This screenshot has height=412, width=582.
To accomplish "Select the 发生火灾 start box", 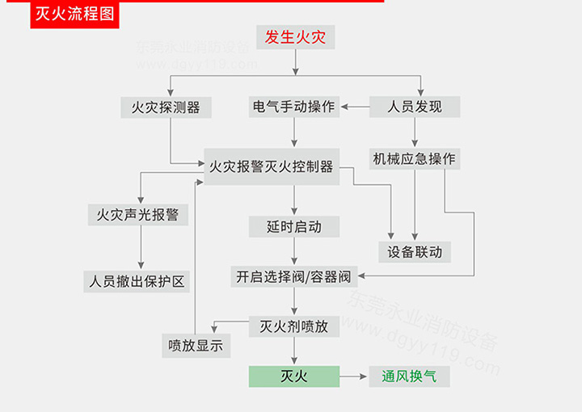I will tap(294, 37).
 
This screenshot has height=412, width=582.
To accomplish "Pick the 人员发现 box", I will tap(415, 107).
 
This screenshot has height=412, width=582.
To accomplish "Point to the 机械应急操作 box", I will tap(415, 158).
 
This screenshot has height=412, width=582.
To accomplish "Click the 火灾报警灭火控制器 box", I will tap(271, 166).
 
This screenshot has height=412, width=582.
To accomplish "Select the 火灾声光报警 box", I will tap(137, 215).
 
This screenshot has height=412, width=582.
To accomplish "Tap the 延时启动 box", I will tap(294, 227).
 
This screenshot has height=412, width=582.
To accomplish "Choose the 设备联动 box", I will tap(415, 251).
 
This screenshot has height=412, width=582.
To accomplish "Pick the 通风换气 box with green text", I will tap(409, 376).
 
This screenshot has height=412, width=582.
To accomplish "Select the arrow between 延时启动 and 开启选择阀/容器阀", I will tap(294, 252).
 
